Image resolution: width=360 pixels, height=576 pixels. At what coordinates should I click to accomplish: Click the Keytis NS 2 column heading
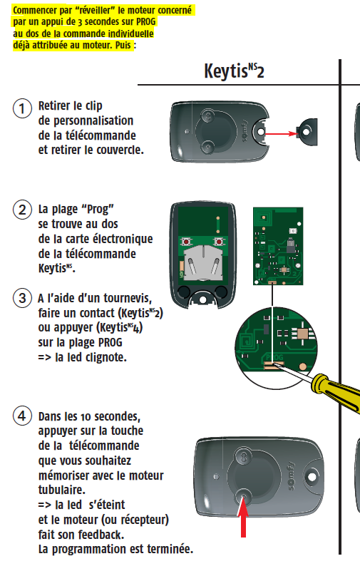coord(234,71)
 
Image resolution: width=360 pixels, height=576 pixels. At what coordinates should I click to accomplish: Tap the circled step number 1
coord(22,109)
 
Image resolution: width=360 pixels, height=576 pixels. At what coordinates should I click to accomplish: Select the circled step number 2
coord(22,210)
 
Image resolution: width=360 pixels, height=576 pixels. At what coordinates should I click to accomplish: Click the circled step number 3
coord(22,297)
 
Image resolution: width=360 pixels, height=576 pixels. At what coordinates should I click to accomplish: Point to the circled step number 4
coord(22,416)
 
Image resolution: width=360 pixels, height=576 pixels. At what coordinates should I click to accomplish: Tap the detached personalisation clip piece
coord(308,132)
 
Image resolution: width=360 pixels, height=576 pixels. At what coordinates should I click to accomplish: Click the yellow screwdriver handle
coord(336,392)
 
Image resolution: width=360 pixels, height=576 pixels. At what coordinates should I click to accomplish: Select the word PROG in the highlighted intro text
coord(146,21)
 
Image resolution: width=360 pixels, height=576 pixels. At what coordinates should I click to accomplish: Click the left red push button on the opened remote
coord(187,242)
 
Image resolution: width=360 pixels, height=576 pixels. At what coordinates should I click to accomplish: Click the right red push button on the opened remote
coord(219,242)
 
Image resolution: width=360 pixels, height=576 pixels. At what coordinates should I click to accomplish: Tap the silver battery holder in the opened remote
coord(203,262)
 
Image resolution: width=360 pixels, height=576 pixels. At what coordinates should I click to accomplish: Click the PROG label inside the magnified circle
coord(274,357)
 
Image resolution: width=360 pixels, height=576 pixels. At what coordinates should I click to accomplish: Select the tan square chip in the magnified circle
coord(303,333)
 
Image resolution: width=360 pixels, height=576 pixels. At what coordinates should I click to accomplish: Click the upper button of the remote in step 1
coord(208,117)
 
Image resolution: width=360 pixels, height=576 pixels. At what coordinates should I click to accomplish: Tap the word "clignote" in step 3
coord(106,357)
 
